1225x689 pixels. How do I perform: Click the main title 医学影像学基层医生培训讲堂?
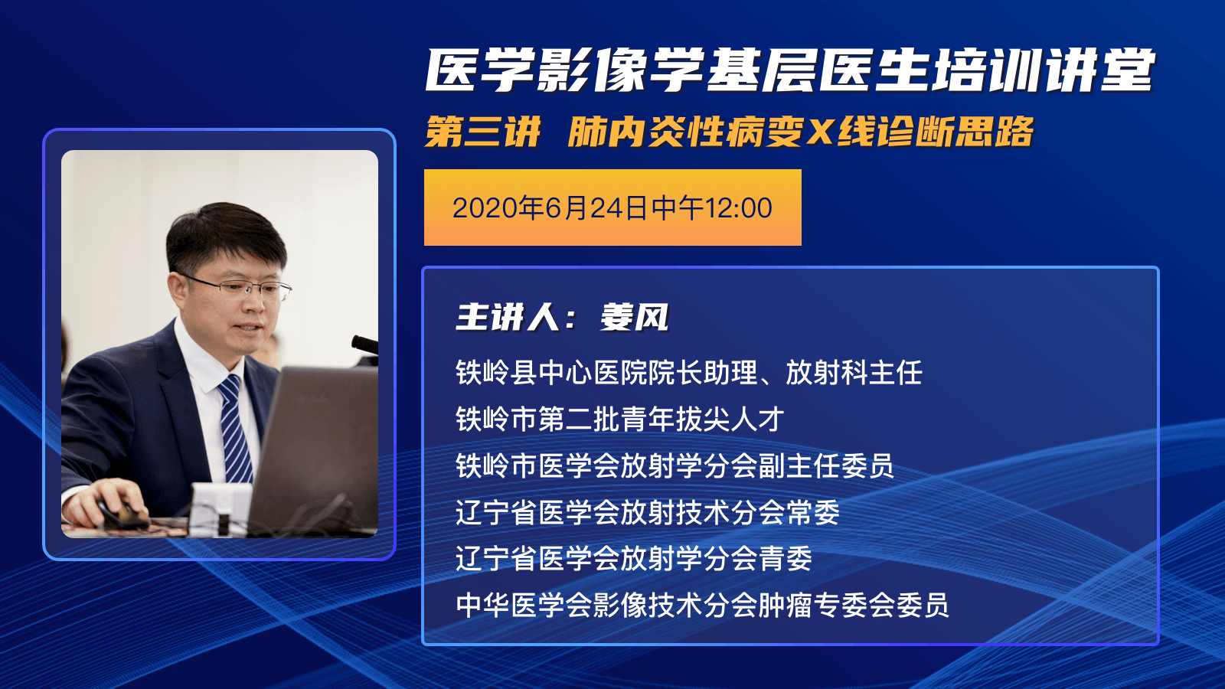(789, 70)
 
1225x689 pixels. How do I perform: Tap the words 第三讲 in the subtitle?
(483, 132)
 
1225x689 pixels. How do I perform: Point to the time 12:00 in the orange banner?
(738, 208)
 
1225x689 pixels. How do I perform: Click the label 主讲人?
(508, 317)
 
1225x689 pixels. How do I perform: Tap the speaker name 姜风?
(634, 317)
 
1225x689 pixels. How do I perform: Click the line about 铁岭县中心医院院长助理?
(689, 373)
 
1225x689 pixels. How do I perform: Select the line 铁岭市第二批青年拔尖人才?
(620, 420)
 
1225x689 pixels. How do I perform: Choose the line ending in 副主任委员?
(675, 466)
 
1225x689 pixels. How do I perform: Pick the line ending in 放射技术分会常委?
(648, 512)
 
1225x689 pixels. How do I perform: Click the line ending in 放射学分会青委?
(634, 559)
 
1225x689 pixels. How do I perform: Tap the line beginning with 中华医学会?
(702, 606)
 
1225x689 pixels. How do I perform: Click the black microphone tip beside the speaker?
(364, 344)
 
